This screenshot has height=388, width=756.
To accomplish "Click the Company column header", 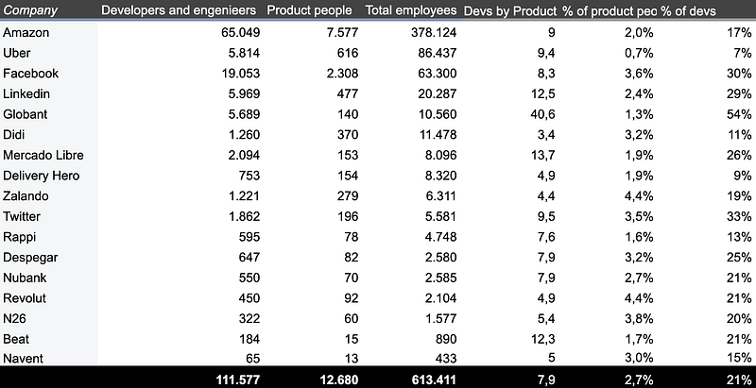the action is (x=30, y=10).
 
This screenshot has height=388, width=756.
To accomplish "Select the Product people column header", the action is (x=310, y=10).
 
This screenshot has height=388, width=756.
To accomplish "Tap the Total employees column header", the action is (x=411, y=10).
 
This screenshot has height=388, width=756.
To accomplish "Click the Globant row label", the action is (x=26, y=114).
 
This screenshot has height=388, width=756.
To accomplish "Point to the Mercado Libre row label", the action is (x=43, y=156).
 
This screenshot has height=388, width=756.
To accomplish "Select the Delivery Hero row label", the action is (x=41, y=177).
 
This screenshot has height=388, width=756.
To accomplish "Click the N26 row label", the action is (x=14, y=318).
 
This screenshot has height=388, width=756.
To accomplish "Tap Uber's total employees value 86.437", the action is (x=438, y=53).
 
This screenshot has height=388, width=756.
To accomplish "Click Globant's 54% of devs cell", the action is (x=739, y=114).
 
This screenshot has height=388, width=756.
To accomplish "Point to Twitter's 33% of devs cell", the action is (x=739, y=216).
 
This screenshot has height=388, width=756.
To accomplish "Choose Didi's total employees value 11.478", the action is (x=438, y=135).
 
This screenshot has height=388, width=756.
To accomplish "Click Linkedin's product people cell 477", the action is (x=348, y=93).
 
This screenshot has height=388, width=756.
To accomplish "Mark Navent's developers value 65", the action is (x=253, y=359).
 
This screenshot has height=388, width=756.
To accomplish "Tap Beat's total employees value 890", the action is (x=445, y=338).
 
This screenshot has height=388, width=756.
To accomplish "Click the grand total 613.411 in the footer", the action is (x=434, y=380).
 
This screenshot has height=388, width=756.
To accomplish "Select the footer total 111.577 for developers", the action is (x=238, y=380).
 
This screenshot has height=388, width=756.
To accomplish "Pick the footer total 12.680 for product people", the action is (x=339, y=380).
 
